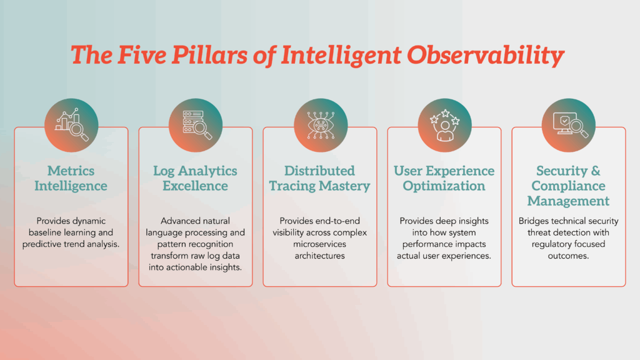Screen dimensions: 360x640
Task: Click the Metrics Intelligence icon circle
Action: pos(71,125)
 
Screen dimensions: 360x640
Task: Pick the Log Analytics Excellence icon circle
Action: pos(196,125)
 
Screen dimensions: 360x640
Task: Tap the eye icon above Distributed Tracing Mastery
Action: pos(320,125)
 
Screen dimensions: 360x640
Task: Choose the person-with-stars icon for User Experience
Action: pos(444,125)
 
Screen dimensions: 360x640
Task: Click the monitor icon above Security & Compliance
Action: pos(569,125)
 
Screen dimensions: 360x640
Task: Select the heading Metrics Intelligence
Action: pos(71,178)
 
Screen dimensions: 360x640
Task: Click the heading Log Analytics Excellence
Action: pos(196,178)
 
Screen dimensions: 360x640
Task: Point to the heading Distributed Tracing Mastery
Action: pos(320,178)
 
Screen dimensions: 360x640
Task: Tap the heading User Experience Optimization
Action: pos(444,178)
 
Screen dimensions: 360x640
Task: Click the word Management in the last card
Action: pos(569,201)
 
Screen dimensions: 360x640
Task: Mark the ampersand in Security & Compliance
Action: pos(596,171)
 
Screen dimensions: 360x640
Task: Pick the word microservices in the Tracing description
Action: pos(319,244)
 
